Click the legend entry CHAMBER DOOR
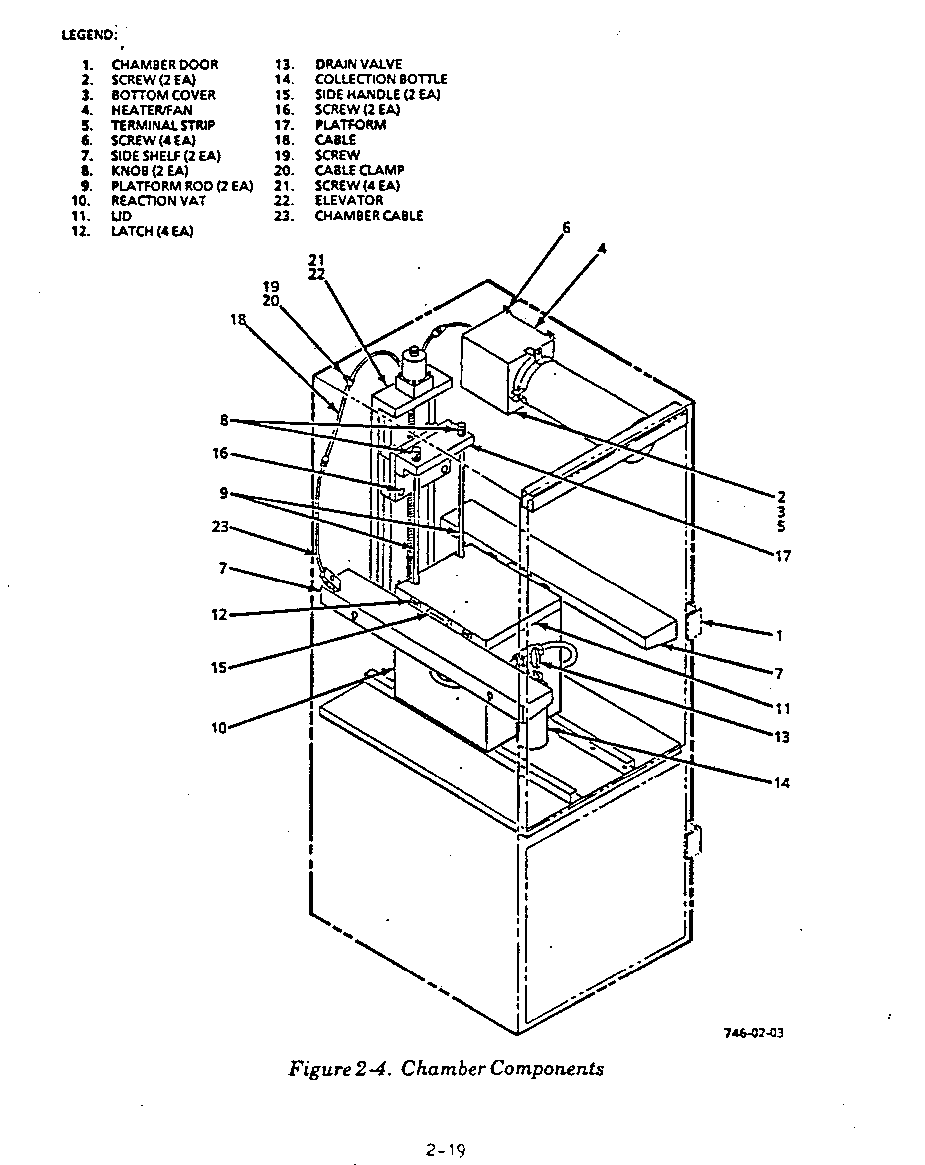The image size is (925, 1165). click(x=164, y=65)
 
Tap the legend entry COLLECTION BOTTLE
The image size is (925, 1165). click(x=381, y=79)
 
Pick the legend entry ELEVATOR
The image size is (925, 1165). click(x=349, y=200)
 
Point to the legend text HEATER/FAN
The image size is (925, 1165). click(x=151, y=110)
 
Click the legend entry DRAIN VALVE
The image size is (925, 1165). click(x=358, y=64)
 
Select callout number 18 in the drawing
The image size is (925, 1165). click(x=238, y=319)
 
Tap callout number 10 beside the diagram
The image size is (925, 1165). click(x=219, y=727)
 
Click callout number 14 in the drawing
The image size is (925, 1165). click(x=782, y=783)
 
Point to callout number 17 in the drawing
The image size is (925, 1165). click(x=782, y=556)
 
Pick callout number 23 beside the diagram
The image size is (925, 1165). click(x=220, y=526)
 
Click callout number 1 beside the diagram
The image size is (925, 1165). click(x=779, y=636)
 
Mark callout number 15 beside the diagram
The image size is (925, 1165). click(x=219, y=668)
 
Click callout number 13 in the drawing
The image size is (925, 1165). click(x=782, y=737)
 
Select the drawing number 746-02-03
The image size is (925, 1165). click(x=753, y=1033)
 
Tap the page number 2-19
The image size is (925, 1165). click(x=445, y=1150)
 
